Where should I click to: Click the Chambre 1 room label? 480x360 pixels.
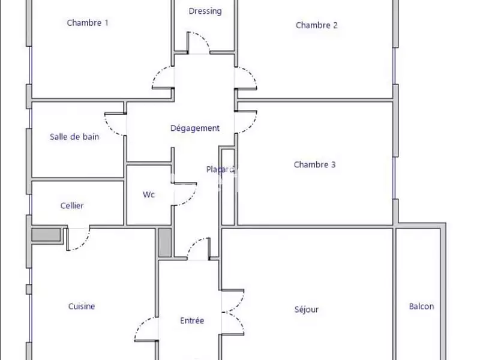tap(88, 23)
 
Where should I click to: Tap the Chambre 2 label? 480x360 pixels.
tap(317, 25)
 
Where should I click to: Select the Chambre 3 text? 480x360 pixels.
tap(314, 164)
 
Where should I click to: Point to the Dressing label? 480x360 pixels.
tap(205, 11)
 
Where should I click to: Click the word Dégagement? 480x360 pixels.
tap(195, 128)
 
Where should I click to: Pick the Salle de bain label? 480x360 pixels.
tap(74, 137)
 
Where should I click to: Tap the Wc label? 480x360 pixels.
tap(149, 194)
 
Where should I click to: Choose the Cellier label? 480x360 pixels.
tap(72, 205)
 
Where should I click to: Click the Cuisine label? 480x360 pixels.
tap(82, 306)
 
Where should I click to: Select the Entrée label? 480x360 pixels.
tap(192, 320)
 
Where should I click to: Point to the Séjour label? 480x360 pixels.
tap(307, 310)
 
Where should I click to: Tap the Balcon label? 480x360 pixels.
tap(422, 306)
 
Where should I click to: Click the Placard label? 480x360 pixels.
tap(220, 169)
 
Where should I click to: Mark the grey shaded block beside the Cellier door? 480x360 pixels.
tap(46, 235)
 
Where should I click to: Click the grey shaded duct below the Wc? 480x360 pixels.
tap(164, 242)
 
